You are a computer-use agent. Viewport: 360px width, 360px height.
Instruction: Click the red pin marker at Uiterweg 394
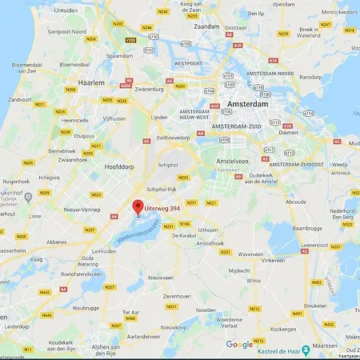tap(138, 207)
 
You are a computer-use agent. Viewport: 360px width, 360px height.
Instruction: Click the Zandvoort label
tap(20, 124)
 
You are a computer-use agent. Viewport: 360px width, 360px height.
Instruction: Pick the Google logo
tap(238, 345)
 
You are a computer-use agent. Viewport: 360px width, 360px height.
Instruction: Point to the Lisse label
tap(35, 216)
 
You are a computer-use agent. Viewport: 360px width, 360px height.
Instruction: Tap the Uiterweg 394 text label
tap(163, 208)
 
